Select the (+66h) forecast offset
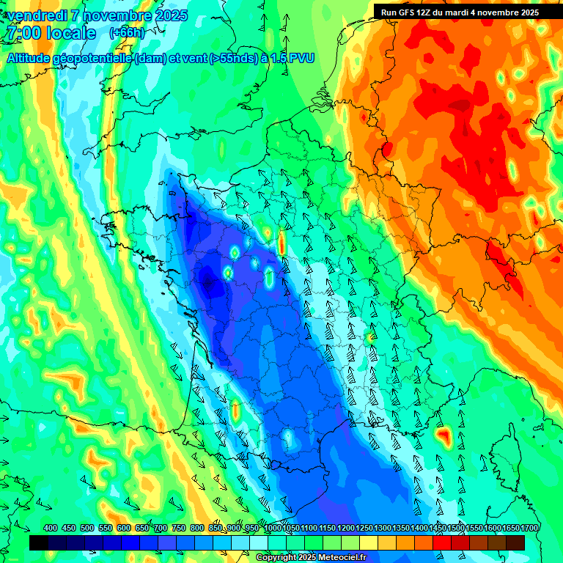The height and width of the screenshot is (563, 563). pyautogui.click(x=127, y=33)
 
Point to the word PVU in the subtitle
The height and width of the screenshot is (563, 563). pyautogui.click(x=300, y=58)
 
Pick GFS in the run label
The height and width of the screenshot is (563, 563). pyautogui.click(x=407, y=12)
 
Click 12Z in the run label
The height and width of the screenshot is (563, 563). pyautogui.click(x=424, y=12)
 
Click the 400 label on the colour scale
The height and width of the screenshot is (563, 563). pyautogui.click(x=51, y=528)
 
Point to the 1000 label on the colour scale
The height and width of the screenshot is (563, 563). pyautogui.click(x=272, y=528)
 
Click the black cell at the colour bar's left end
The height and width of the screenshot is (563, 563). pyautogui.click(x=40, y=542)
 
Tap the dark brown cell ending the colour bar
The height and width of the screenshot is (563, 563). pyautogui.click(x=515, y=542)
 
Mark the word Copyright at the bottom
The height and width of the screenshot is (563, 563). pyautogui.click(x=276, y=557)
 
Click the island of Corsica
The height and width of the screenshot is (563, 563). pyautogui.click(x=506, y=458)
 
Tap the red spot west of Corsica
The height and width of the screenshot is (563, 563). pyautogui.click(x=442, y=437)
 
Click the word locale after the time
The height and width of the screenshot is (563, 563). pyautogui.click(x=71, y=33)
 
